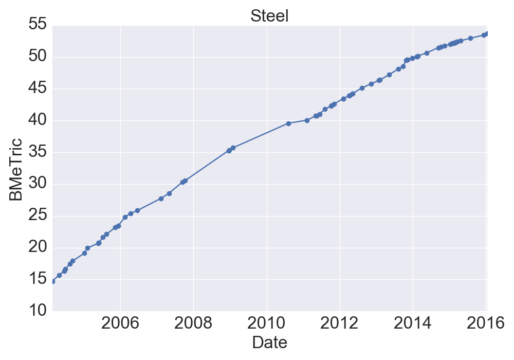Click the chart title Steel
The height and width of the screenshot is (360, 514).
[269, 16]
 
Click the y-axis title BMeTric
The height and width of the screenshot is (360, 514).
[15, 169]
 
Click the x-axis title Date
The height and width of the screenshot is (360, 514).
[269, 343]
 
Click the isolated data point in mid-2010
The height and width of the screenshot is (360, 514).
[288, 123]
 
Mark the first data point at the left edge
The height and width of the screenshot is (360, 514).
[52, 281]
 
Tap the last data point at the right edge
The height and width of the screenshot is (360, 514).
[487, 33]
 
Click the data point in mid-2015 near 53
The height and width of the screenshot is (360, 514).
[470, 38]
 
